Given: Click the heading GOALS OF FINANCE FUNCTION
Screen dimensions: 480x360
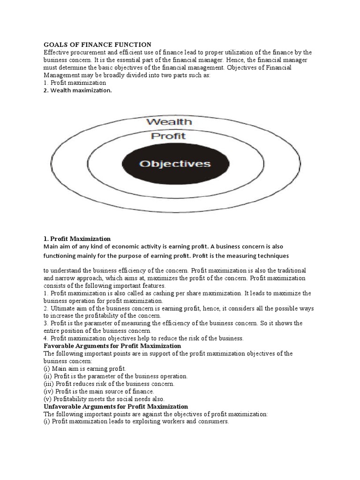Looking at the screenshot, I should click(x=97, y=45).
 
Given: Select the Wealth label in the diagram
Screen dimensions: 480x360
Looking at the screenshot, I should click(x=169, y=122).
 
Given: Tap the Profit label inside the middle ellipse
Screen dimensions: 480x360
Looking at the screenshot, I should click(x=168, y=136).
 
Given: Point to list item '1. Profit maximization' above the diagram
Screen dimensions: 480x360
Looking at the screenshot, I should click(x=72, y=82).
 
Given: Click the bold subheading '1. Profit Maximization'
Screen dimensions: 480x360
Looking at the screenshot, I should click(x=77, y=239).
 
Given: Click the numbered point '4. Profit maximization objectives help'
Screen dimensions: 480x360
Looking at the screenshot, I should click(x=144, y=338).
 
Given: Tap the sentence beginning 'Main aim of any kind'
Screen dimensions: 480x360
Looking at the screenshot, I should click(x=163, y=247).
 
